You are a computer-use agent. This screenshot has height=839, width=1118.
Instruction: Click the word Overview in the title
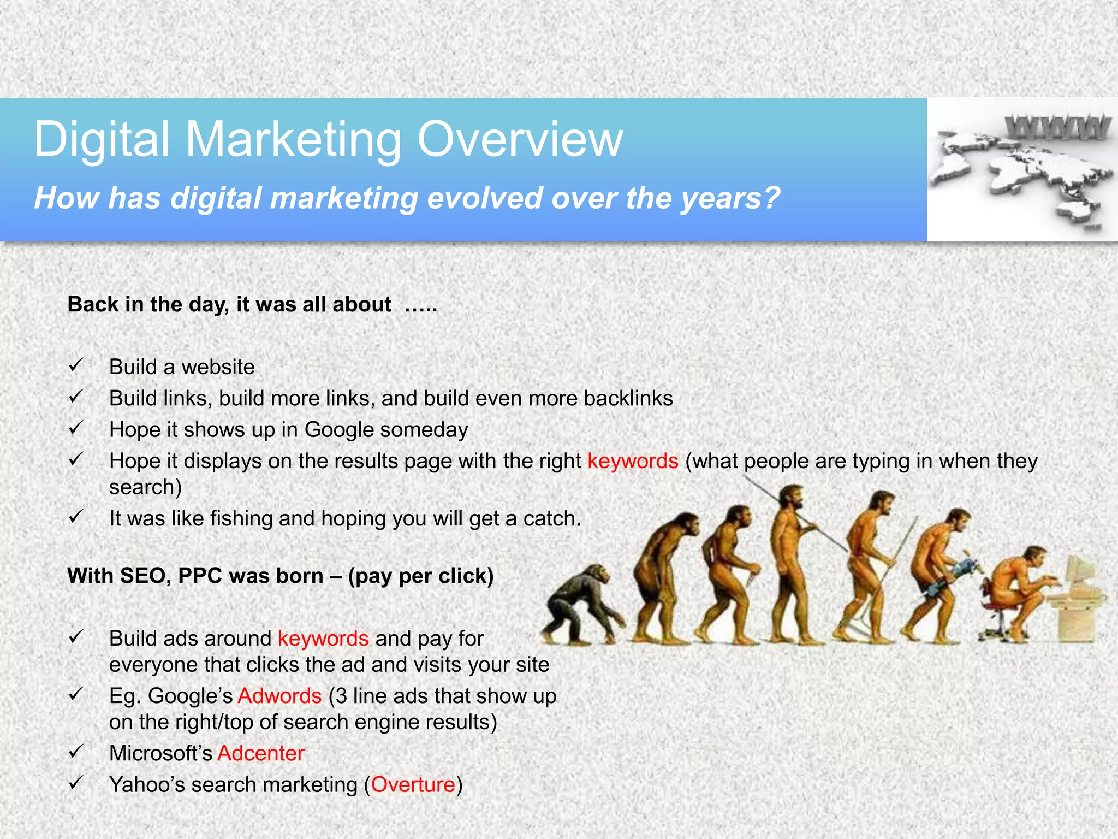520,140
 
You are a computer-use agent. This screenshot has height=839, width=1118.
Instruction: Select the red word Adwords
279,696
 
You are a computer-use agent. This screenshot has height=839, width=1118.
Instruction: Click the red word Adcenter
260,753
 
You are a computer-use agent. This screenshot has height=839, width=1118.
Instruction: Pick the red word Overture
413,784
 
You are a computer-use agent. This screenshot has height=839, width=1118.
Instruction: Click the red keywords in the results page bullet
633,461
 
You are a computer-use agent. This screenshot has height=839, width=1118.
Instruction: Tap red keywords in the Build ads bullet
323,639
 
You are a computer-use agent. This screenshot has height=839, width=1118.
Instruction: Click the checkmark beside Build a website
76,365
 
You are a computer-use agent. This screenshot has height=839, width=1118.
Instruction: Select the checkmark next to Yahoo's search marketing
76,783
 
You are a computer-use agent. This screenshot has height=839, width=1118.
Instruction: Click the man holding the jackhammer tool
939,574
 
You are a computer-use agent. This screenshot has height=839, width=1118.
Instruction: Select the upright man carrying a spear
792,563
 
